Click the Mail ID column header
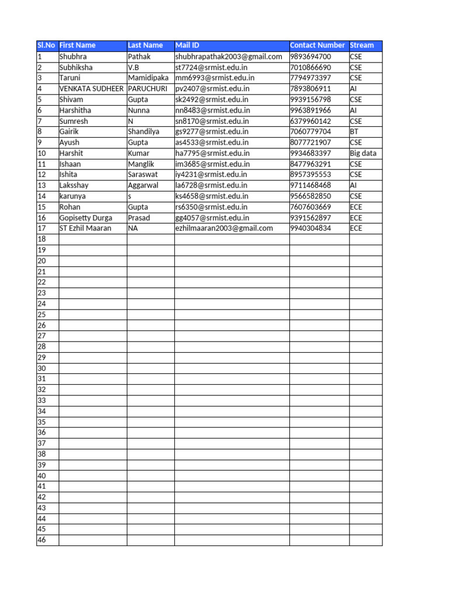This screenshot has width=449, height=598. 187,46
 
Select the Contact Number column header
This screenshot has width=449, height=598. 317,46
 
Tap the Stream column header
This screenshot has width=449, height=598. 362,46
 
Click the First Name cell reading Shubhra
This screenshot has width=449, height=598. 73,57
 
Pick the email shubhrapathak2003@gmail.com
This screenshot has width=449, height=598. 229,57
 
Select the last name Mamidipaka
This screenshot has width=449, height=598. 148,78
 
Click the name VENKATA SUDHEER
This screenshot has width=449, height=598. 91,89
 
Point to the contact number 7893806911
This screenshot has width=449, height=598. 310,89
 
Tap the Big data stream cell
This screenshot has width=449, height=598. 363,154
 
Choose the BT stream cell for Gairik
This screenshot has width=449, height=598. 354,132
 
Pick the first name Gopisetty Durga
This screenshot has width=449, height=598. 86,218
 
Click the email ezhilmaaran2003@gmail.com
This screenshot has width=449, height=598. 224,228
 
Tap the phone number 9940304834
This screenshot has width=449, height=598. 310,228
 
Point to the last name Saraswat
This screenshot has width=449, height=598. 143,175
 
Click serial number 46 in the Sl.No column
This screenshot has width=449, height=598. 42,540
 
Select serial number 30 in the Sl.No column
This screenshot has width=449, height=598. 42,368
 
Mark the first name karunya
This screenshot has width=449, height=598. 72,196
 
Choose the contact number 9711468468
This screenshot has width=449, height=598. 310,186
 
